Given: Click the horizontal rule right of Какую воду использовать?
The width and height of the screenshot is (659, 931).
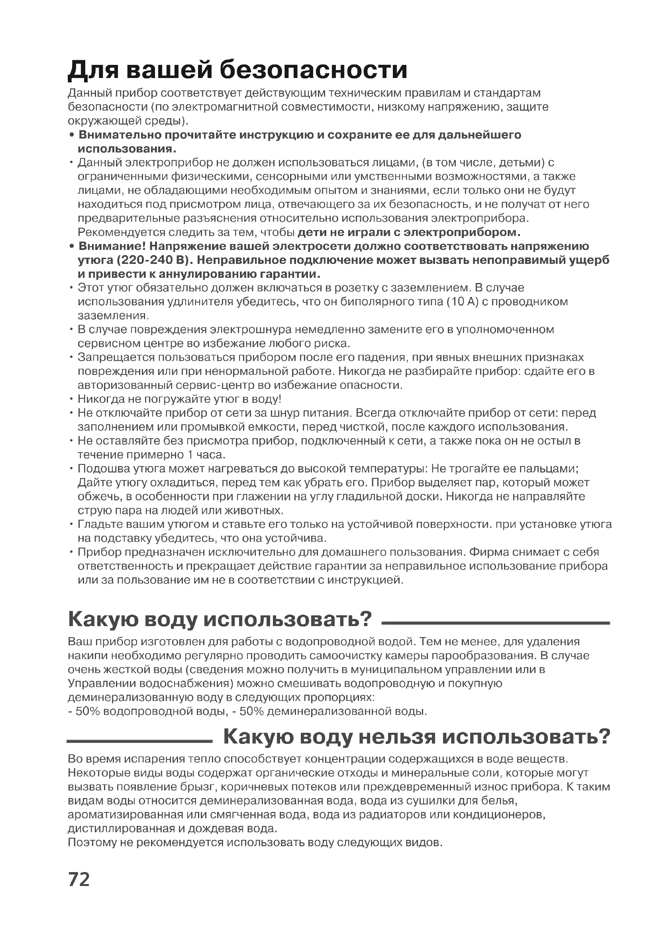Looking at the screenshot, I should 496,623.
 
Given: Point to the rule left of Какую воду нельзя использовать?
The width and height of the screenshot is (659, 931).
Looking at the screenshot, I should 139,741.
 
